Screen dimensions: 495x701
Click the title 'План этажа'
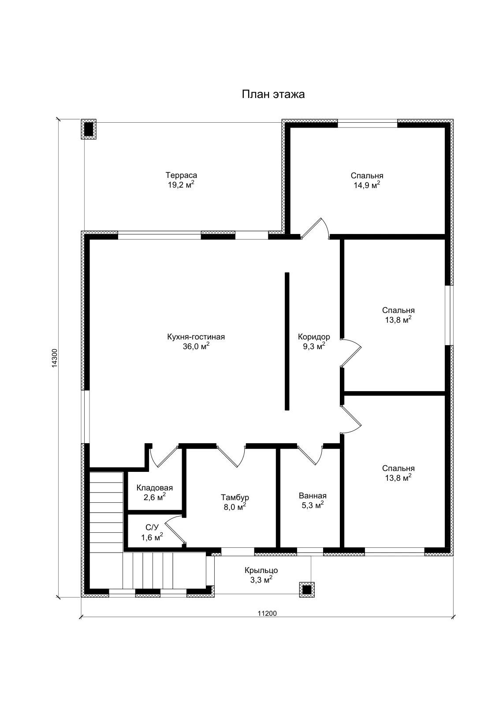pos(273,94)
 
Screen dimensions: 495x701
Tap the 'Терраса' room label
pos(181,175)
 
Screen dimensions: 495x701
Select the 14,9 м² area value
pos(367,185)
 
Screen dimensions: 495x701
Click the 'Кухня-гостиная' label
pos(196,337)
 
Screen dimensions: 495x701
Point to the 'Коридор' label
pos(314,337)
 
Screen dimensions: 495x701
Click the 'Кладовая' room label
pos(155,488)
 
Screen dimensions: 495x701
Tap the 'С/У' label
pos(152,528)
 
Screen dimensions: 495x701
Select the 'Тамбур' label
pos(235,497)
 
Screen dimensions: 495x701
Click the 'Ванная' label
pos(313,496)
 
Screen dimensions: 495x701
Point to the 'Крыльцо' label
pos(261,570)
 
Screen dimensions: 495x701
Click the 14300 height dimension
pos(54,358)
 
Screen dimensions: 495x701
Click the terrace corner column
pos(89,129)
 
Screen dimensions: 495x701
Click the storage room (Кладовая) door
pos(164,456)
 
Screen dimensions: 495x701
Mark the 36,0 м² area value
pos(196,346)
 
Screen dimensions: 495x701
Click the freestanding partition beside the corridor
pos(287,341)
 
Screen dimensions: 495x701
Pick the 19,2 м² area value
pos(181,185)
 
